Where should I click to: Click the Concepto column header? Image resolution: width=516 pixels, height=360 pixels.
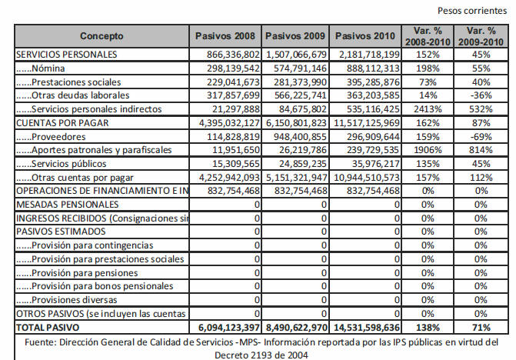(102, 36)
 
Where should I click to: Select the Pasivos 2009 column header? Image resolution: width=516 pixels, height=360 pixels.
(295, 36)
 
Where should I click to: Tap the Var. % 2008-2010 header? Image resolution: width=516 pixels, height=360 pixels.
(428, 36)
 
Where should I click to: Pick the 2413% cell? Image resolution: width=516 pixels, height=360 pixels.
(428, 109)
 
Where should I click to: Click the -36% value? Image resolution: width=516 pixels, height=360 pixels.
(481, 95)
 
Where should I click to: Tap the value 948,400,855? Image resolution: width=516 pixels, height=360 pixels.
(300, 137)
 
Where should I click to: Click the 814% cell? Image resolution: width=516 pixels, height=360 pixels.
(481, 150)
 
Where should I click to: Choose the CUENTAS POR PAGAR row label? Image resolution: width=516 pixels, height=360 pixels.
(62, 123)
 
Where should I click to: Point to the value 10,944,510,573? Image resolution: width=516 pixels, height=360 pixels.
(367, 178)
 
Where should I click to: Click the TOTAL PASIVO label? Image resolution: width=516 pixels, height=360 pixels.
(48, 328)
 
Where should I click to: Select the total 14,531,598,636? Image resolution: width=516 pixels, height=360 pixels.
(367, 328)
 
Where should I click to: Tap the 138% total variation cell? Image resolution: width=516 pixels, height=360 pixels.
(428, 328)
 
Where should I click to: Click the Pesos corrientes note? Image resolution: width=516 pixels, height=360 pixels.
(472, 11)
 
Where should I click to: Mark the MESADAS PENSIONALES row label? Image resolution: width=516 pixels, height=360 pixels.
(67, 205)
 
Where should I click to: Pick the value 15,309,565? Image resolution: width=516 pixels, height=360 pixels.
(236, 164)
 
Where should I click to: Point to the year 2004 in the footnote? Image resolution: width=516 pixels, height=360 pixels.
(298, 355)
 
